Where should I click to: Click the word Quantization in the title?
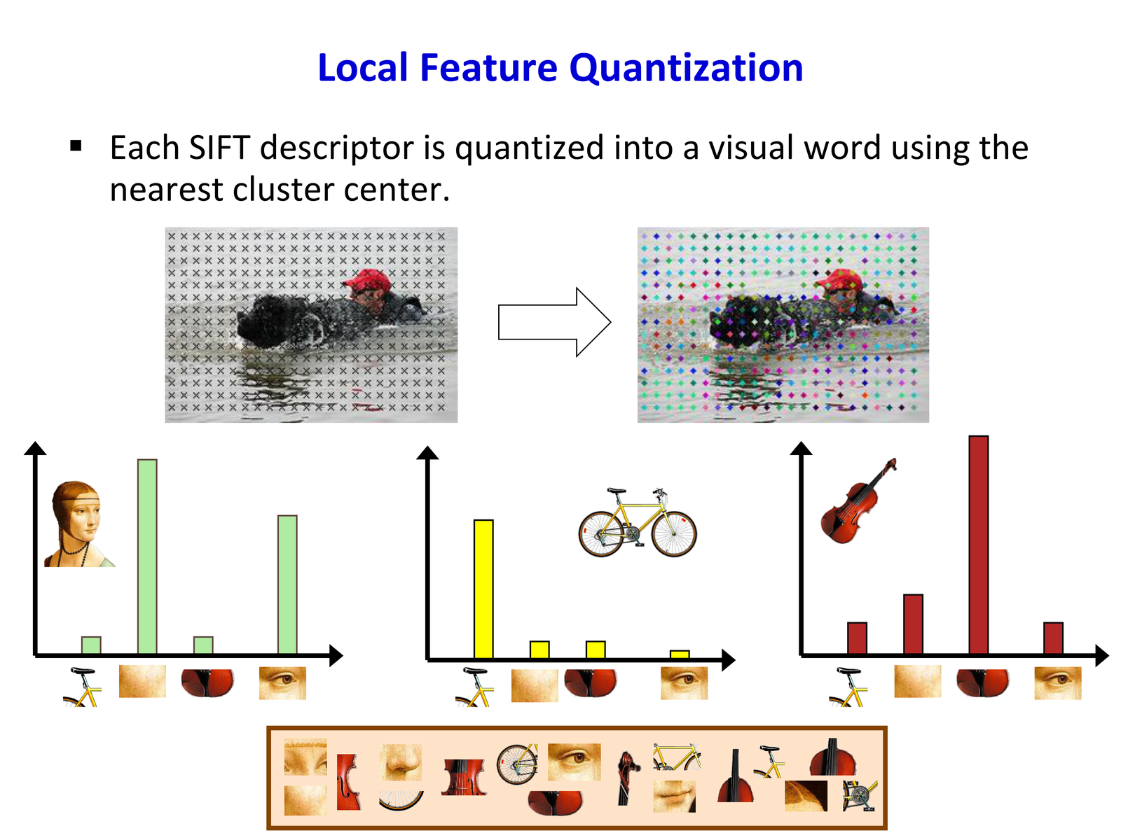coord(686,69)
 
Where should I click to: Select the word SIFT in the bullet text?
coord(219,148)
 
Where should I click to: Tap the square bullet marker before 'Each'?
coord(76,146)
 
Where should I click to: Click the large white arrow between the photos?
coord(554,322)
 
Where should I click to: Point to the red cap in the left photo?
coord(368,279)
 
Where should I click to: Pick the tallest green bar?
coord(147,556)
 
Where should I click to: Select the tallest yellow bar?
coord(483,589)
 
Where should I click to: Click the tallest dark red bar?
coord(978,544)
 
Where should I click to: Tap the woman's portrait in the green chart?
coord(79,524)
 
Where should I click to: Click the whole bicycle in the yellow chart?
coord(638,521)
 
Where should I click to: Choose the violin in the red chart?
coord(858,500)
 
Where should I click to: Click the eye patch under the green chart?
coord(282,683)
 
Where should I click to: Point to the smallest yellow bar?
coord(679,654)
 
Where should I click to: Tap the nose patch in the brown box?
coord(400,762)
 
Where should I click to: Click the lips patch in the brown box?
coord(674,796)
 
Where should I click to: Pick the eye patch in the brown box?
coord(574,762)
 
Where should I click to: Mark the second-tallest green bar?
coord(287,584)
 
